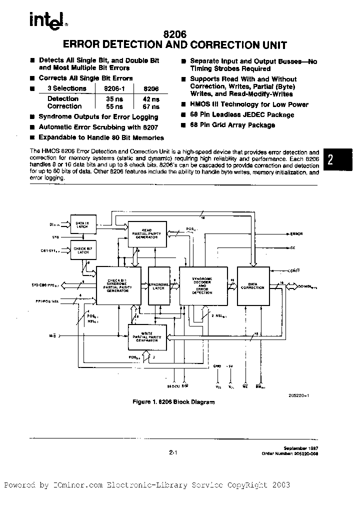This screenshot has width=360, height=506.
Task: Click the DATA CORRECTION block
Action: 252,285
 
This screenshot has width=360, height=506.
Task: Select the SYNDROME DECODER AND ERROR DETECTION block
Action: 202,285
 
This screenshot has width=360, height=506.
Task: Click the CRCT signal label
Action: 295,270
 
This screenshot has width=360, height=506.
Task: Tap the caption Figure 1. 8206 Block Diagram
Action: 173,402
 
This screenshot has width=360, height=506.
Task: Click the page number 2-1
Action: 173,452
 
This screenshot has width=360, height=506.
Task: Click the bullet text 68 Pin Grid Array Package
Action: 232,125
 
